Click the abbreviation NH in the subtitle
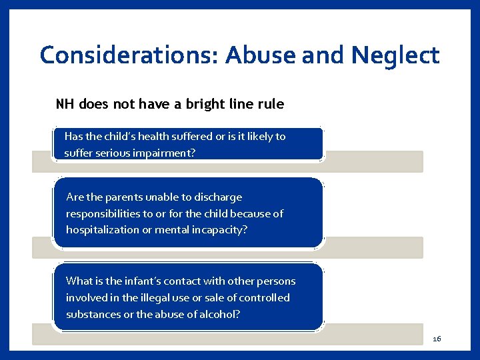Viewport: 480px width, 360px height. pyautogui.click(x=65, y=104)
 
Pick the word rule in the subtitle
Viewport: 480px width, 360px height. pyautogui.click(x=269, y=104)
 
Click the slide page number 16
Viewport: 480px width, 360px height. pyautogui.click(x=437, y=339)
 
